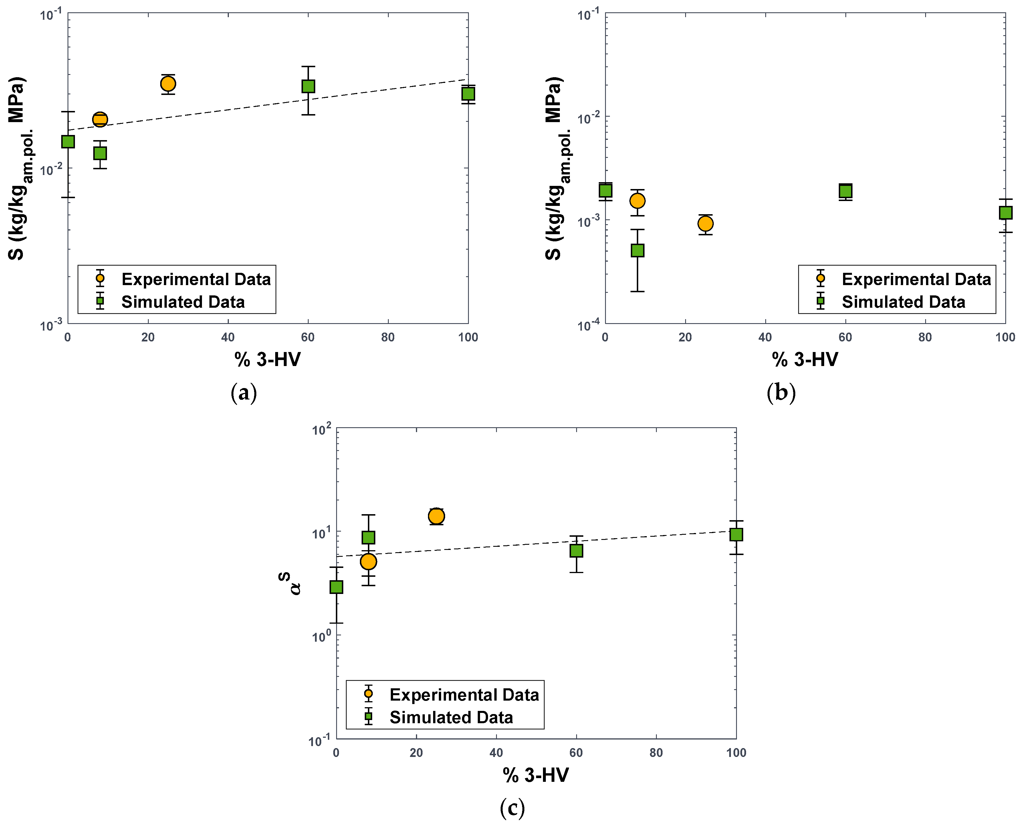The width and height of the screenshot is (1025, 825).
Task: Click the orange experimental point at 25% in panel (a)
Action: pyautogui.click(x=168, y=84)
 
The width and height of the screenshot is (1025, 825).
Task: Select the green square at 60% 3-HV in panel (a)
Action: pyautogui.click(x=308, y=86)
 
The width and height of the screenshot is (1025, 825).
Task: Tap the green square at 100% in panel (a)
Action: pyautogui.click(x=468, y=94)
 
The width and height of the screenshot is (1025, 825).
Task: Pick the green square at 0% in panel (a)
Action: pyautogui.click(x=68, y=141)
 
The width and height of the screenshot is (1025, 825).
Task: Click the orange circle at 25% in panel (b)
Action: pyautogui.click(x=705, y=223)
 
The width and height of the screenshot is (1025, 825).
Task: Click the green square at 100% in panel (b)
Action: pyautogui.click(x=1005, y=212)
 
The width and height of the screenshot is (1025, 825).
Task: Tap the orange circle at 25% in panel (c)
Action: pyautogui.click(x=436, y=516)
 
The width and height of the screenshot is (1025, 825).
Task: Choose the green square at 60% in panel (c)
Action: pyautogui.click(x=576, y=550)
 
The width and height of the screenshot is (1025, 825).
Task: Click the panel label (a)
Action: pyautogui.click(x=243, y=393)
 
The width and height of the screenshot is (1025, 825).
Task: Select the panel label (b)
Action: pyautogui.click(x=781, y=393)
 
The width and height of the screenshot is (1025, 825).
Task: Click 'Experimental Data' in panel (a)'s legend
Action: pyautogui.click(x=196, y=279)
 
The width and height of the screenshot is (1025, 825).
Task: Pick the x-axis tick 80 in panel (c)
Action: pyautogui.click(x=656, y=753)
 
